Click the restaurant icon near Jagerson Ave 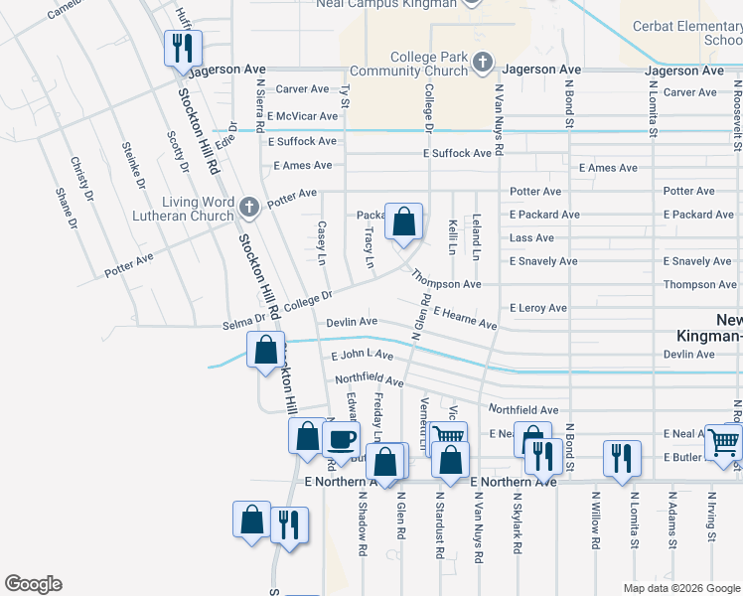[x=183, y=47]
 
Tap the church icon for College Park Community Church [x=483, y=64]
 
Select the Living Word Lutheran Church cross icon [x=249, y=207]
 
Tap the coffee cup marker [x=342, y=438]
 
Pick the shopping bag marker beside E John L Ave [x=265, y=351]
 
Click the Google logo [x=33, y=584]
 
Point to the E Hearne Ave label [x=464, y=317]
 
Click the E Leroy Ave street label [x=538, y=308]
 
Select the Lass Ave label [x=531, y=238]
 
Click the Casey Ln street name [x=321, y=241]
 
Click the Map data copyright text [x=681, y=588]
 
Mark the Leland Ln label [x=476, y=237]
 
